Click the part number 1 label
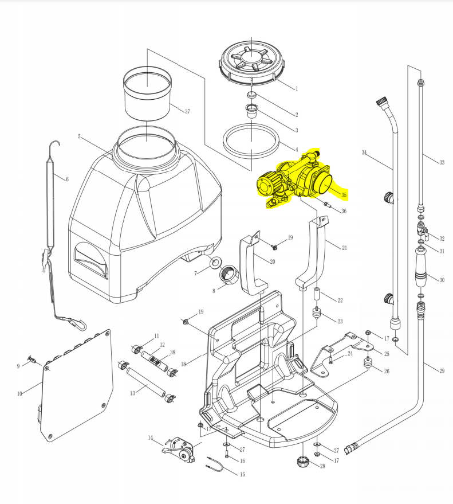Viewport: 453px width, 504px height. click(297, 89)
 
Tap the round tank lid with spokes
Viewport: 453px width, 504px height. click(253, 59)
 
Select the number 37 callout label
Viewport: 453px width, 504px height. click(187, 111)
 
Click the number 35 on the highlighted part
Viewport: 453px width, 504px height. click(344, 195)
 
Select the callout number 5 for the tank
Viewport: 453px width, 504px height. click(80, 137)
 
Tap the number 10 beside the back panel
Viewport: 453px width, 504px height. click(19, 394)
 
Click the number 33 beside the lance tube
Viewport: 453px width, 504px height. click(442, 163)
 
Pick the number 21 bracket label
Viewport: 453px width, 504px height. click(344, 248)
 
